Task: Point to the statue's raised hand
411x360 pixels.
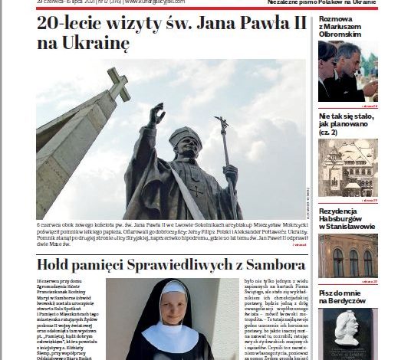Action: click(156, 115)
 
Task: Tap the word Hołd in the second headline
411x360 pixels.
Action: click(58, 266)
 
